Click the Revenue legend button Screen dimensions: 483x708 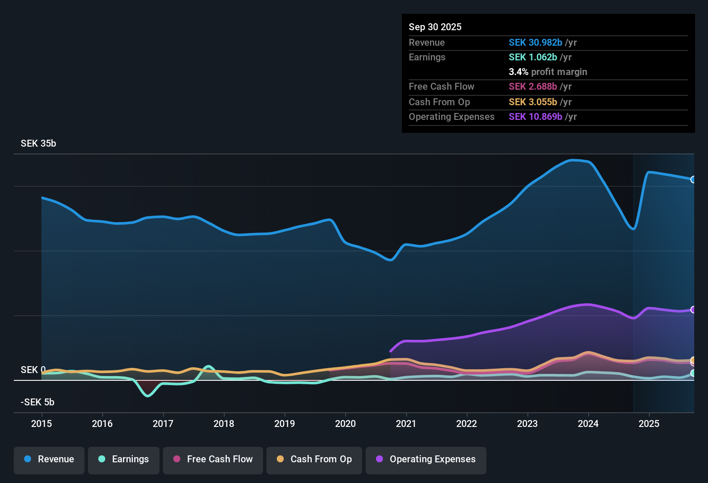(x=49, y=459)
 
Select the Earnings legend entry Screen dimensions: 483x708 (x=124, y=459)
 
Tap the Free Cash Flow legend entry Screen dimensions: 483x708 (x=213, y=459)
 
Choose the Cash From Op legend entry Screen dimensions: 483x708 (x=314, y=459)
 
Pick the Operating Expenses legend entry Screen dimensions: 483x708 (x=426, y=459)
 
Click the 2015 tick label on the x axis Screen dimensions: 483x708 (x=41, y=423)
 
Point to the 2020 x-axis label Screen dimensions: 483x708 (x=345, y=423)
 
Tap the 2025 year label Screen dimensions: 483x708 (x=649, y=423)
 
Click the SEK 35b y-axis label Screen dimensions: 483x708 (x=38, y=144)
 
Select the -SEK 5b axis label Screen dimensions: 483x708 (x=38, y=402)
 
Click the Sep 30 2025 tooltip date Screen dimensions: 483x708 (x=435, y=27)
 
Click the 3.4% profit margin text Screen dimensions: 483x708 (x=548, y=72)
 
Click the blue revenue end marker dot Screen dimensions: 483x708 (x=693, y=179)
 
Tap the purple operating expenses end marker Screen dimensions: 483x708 (x=693, y=310)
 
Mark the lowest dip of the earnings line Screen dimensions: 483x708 (x=148, y=395)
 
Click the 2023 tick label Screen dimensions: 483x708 (x=527, y=423)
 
